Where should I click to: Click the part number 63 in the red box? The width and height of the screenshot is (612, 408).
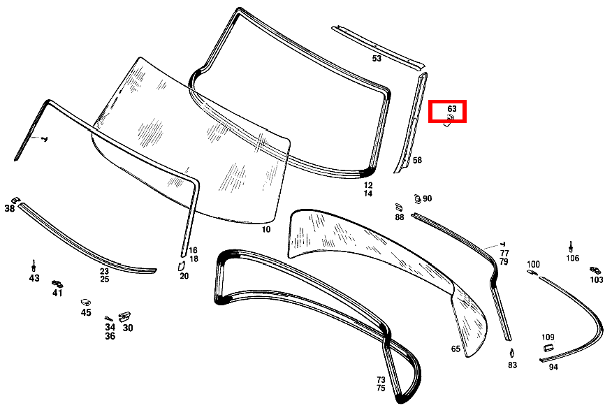tap(451, 108)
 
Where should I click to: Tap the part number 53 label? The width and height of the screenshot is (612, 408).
tap(377, 59)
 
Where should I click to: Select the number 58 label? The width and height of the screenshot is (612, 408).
tap(417, 160)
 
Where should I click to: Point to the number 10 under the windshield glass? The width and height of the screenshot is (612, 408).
tap(265, 229)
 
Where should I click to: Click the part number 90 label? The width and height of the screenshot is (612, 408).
tap(428, 198)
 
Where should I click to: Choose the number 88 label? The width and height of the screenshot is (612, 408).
tap(400, 217)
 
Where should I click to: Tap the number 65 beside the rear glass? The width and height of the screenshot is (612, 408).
tap(456, 349)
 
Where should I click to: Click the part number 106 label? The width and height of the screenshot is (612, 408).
tap(573, 258)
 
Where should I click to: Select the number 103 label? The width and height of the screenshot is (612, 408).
tap(597, 279)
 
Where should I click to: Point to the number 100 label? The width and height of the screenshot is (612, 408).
tap(533, 264)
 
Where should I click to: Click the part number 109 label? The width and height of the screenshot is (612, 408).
tap(548, 337)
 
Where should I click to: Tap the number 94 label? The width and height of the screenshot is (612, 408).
tap(553, 367)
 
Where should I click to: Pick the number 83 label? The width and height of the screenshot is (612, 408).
tap(512, 365)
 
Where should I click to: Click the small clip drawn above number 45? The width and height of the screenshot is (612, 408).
tap(86, 303)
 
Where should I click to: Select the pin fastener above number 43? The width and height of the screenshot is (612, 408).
tap(34, 265)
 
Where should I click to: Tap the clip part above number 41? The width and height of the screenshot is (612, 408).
tap(57, 284)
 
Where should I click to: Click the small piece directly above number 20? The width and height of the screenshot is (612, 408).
tap(181, 266)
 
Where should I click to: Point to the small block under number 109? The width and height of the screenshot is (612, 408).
tap(548, 347)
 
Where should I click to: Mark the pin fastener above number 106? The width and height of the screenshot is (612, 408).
tap(571, 247)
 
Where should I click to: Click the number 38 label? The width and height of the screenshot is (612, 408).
tap(9, 208)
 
